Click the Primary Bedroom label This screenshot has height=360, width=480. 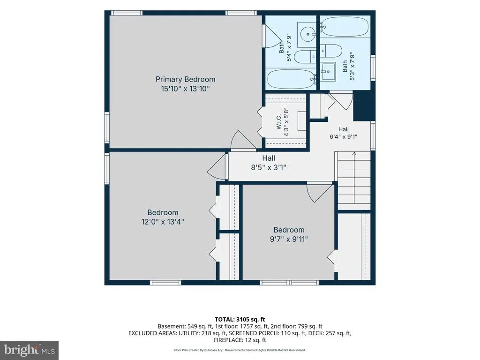coord(185,79)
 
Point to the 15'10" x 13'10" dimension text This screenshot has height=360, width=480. coord(185,89)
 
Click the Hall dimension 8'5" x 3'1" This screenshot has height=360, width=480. coord(269,167)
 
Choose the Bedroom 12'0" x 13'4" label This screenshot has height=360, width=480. coord(163,217)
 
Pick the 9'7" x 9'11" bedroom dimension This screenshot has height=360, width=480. coord(289,239)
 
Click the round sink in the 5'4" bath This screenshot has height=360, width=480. coord(307,34)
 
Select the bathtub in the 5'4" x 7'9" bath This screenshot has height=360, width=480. coord(292,79)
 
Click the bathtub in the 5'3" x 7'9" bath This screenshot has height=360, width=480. coord(345,27)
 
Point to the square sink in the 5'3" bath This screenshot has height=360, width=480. coord(328,72)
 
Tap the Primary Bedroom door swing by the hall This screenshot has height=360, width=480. coord(243,141)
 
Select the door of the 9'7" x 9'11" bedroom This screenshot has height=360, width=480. coord(320,193)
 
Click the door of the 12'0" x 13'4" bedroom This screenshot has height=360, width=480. coord(218,167)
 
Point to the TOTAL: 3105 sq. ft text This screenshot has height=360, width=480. coord(240,320)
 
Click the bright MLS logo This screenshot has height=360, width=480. coord(29,350)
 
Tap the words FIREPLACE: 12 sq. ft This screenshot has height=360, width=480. coord(240,340)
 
